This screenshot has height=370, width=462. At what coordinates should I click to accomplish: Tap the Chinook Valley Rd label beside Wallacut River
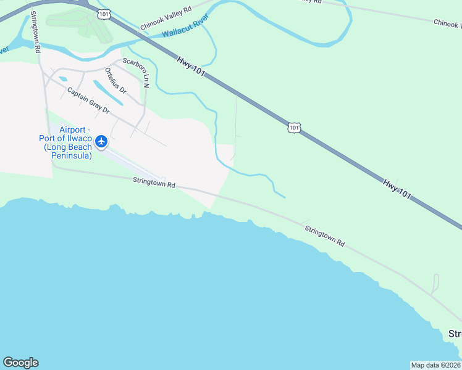(166, 17)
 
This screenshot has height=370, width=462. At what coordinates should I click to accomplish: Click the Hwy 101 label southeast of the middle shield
(397, 188)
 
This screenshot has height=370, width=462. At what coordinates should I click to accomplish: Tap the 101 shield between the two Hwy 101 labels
(294, 127)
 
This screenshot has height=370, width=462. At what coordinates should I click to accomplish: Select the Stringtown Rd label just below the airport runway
(154, 183)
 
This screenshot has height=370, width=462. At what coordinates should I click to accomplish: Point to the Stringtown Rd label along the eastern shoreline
(325, 236)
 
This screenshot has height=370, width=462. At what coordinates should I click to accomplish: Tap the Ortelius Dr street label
(115, 81)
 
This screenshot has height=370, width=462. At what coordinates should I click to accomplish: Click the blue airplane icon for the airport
(101, 142)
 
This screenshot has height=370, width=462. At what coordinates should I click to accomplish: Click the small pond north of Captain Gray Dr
(62, 79)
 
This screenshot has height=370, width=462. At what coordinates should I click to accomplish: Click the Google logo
(20, 363)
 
